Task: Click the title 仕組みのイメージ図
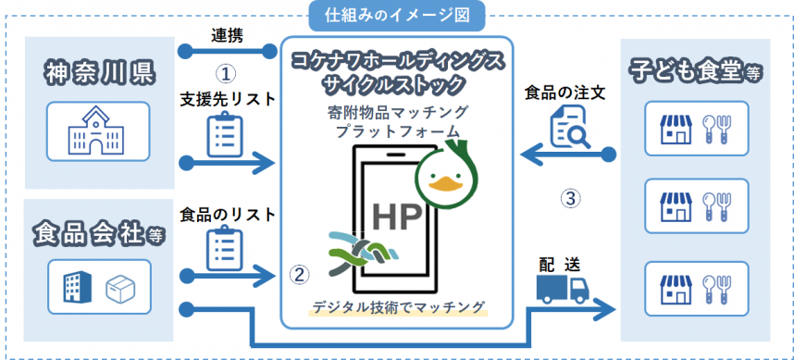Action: [398, 13]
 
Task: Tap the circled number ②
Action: [298, 274]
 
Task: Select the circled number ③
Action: [571, 197]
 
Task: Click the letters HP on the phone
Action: [397, 214]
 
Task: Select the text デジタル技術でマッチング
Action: [401, 307]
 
